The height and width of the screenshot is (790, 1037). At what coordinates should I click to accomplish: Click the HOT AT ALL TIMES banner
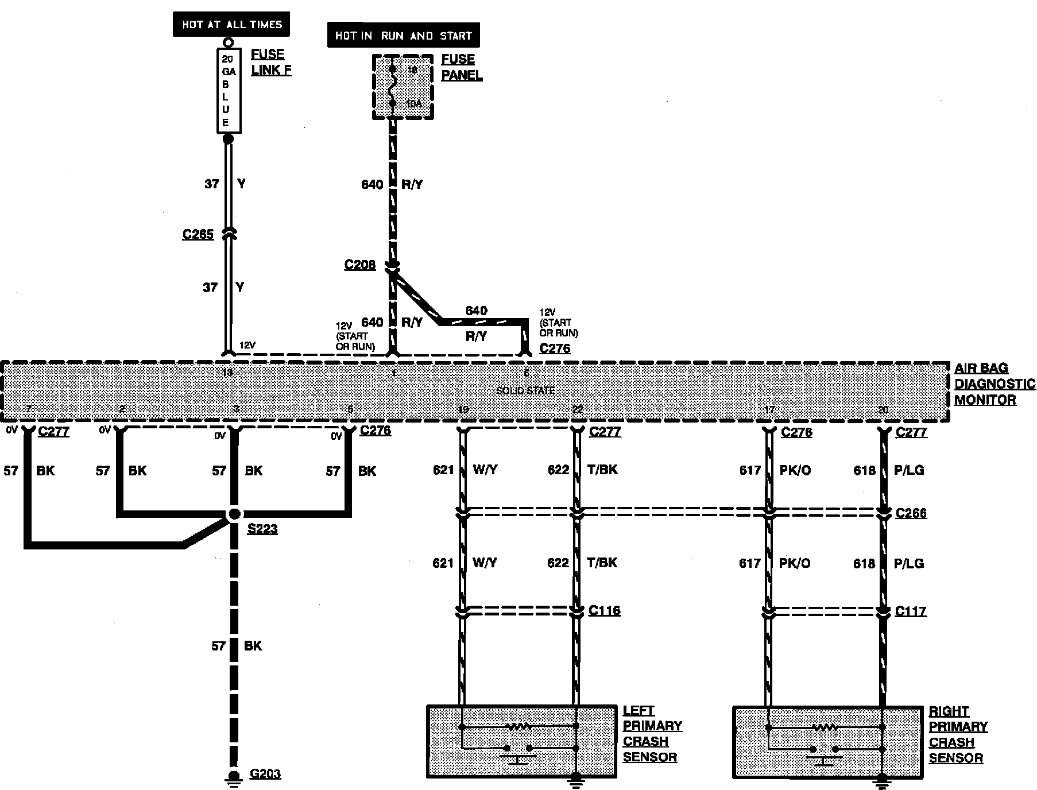click(231, 25)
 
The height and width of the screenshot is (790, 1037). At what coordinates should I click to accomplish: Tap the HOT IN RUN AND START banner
click(403, 36)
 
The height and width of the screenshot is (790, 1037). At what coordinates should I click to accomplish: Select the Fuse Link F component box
click(228, 91)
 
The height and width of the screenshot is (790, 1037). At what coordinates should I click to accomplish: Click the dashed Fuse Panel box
click(403, 87)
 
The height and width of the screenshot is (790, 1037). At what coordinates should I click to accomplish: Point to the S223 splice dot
click(234, 514)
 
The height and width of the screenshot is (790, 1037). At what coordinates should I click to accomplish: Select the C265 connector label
click(198, 234)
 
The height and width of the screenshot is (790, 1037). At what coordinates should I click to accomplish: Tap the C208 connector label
click(359, 265)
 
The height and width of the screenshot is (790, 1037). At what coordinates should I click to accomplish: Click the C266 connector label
click(911, 513)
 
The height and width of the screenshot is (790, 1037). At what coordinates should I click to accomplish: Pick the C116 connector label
click(604, 610)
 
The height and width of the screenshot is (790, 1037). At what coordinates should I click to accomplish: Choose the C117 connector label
click(911, 611)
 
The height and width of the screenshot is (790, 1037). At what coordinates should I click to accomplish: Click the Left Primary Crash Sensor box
click(521, 741)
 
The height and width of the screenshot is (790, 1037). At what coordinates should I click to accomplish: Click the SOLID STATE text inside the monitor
click(525, 391)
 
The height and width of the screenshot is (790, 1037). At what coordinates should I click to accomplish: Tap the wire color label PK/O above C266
click(795, 470)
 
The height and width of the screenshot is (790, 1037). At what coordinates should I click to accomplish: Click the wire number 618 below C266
click(864, 563)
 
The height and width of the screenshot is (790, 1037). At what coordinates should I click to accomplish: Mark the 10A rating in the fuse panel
click(413, 104)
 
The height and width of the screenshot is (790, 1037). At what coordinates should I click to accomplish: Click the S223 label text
click(262, 529)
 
